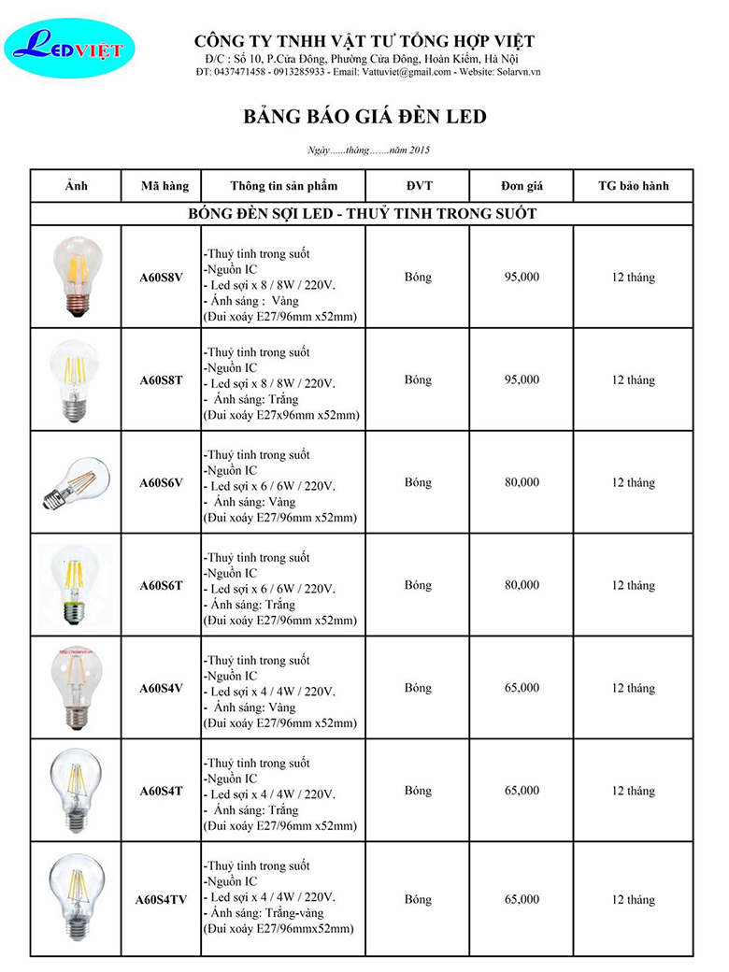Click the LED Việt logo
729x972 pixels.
tap(69, 50)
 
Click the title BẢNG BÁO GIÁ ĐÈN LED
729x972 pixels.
tap(364, 117)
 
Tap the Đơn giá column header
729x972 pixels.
tap(522, 185)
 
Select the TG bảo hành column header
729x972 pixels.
tap(634, 185)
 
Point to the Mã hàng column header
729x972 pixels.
tap(164, 185)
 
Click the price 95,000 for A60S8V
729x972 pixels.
tap(522, 278)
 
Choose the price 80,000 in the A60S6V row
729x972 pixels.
tap(522, 483)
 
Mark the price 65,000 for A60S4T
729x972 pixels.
tap(522, 791)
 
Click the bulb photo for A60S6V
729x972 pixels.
tap(76, 482)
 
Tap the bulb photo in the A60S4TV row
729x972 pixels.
tap(76, 897)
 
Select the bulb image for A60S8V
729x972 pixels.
tap(77, 278)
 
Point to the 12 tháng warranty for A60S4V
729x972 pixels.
tap(634, 689)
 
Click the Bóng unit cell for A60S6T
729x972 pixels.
tap(418, 586)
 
